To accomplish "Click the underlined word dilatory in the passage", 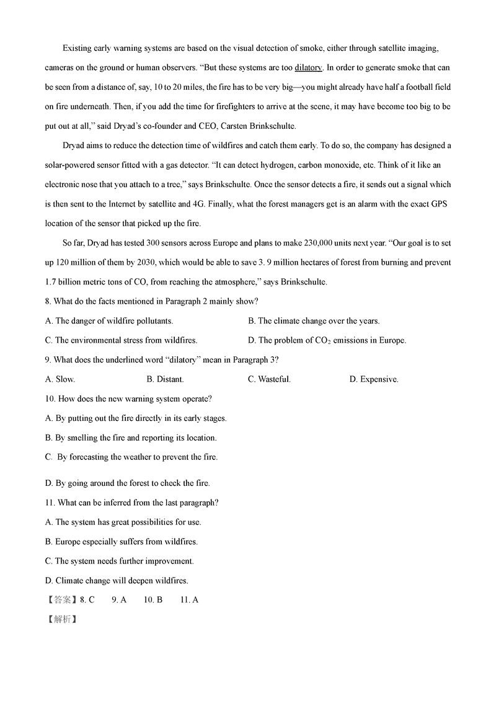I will pyautogui.click(x=309, y=68).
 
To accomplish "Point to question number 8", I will pyautogui.click(x=48, y=301).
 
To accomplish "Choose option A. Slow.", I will pyautogui.click(x=60, y=379).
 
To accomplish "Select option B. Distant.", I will pyautogui.click(x=165, y=379).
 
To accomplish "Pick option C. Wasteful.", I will pyautogui.click(x=269, y=379).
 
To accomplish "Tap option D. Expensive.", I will pyautogui.click(x=374, y=379).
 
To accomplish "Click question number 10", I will pyautogui.click(x=50, y=399).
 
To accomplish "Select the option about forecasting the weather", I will pyautogui.click(x=131, y=457).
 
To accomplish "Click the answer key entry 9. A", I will pyautogui.click(x=119, y=599).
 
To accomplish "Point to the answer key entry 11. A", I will pyautogui.click(x=189, y=599).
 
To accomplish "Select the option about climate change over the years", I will pyautogui.click(x=314, y=321).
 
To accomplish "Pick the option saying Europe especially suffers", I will pyautogui.click(x=122, y=542).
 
